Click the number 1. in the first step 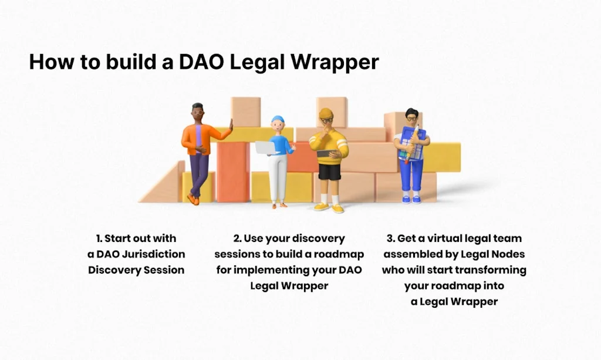[x=100, y=238]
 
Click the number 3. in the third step [x=391, y=238]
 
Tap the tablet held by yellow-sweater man [x=326, y=154]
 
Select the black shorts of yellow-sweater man [x=330, y=171]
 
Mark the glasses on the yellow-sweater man [x=326, y=120]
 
